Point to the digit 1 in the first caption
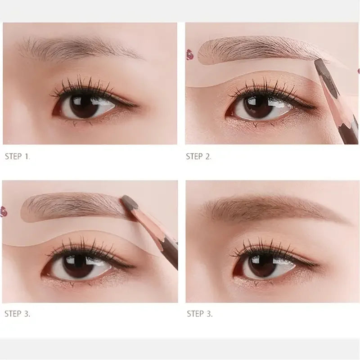[x=27, y=157]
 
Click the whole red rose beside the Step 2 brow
[x=189, y=55]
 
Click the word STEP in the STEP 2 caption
[x=195, y=157]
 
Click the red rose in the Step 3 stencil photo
[x=4, y=211]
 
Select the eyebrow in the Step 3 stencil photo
[x=72, y=205]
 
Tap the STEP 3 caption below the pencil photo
[x=17, y=314]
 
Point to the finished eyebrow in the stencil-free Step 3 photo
[x=270, y=207]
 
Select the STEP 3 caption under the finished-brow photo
[x=199, y=314]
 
